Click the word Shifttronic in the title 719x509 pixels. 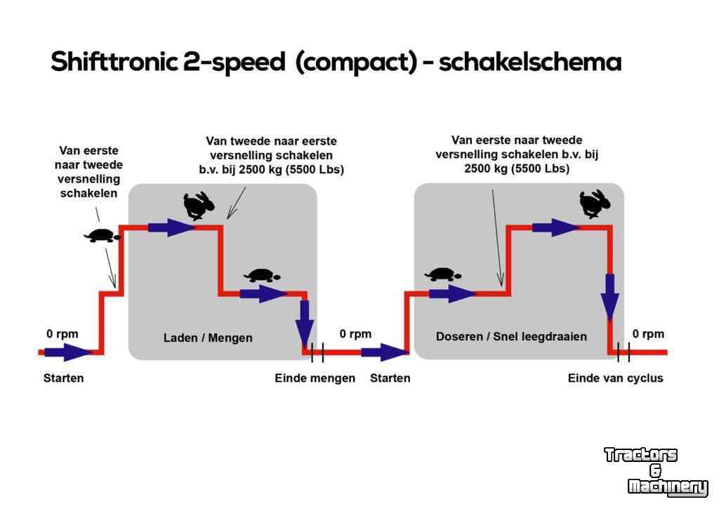pyautogui.click(x=114, y=62)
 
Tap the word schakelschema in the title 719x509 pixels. pyautogui.click(x=529, y=62)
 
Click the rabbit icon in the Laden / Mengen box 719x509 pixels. pyautogui.click(x=198, y=206)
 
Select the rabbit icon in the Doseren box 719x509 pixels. pyautogui.click(x=595, y=204)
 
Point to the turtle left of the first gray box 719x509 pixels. pyautogui.click(x=103, y=236)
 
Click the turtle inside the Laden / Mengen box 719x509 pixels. pyautogui.click(x=262, y=276)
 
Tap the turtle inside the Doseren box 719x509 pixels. pyautogui.click(x=443, y=275)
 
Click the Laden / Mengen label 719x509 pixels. pyautogui.click(x=208, y=338)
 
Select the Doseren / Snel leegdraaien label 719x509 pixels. pyautogui.click(x=511, y=336)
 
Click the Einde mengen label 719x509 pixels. pyautogui.click(x=315, y=378)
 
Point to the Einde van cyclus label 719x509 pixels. pyautogui.click(x=615, y=378)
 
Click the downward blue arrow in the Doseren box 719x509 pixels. pyautogui.click(x=610, y=298)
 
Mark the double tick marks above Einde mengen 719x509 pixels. pyautogui.click(x=317, y=352)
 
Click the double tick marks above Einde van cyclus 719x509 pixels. pyautogui.click(x=624, y=352)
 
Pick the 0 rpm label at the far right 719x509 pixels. pyautogui.click(x=648, y=333)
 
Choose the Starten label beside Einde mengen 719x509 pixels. pyautogui.click(x=390, y=378)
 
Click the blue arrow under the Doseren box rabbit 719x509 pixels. pyautogui.click(x=556, y=227)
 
